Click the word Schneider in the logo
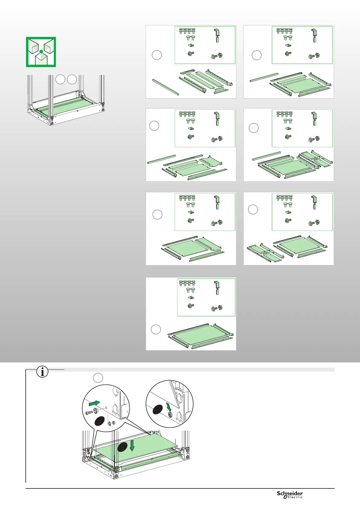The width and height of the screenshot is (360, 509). pyautogui.click(x=290, y=493)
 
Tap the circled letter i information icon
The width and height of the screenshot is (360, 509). pyautogui.click(x=42, y=372)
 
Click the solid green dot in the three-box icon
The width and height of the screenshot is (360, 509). pyautogui.click(x=41, y=52)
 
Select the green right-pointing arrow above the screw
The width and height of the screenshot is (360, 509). pyautogui.click(x=94, y=403)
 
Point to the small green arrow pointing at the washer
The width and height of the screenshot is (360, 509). pyautogui.click(x=168, y=407)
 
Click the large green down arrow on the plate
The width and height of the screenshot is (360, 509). pyautogui.click(x=132, y=446)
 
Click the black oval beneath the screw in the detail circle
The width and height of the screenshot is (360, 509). pyautogui.click(x=99, y=421)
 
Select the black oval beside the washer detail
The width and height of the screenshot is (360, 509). pyautogui.click(x=157, y=410)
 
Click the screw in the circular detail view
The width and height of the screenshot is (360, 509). pyautogui.click(x=89, y=412)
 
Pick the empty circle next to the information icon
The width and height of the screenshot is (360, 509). pyautogui.click(x=98, y=378)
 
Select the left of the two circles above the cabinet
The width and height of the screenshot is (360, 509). pyautogui.click(x=60, y=79)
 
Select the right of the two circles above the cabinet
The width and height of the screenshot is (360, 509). pyautogui.click(x=72, y=79)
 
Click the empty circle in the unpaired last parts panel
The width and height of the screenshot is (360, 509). pyautogui.click(x=156, y=329)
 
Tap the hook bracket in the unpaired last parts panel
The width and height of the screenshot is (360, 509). pyautogui.click(x=217, y=285)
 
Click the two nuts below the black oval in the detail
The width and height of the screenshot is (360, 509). pyautogui.click(x=111, y=423)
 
